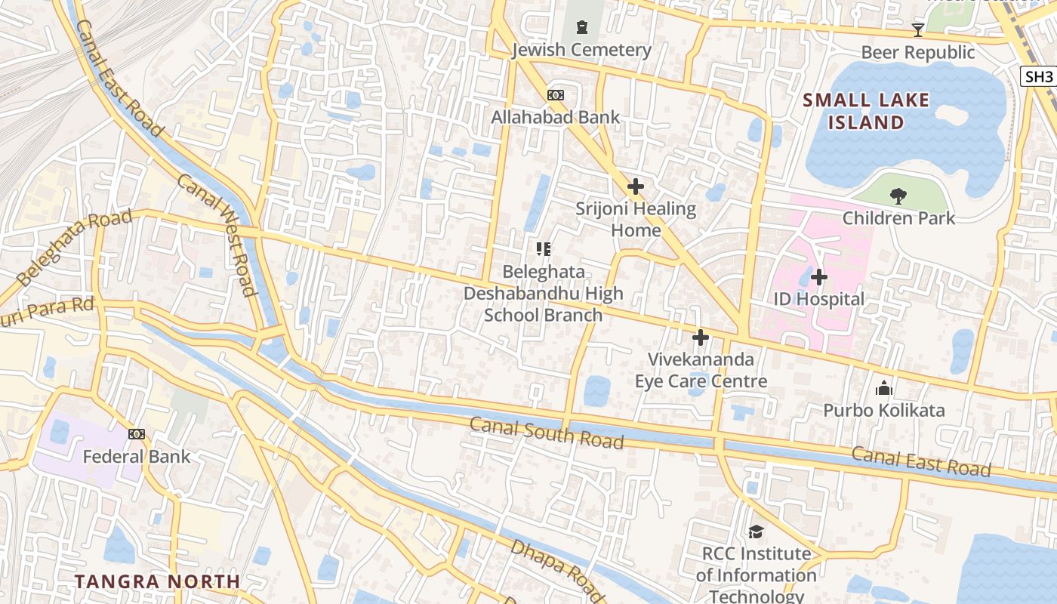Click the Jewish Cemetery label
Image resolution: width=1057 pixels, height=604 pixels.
(x=581, y=50)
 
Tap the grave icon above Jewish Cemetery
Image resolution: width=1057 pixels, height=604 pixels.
(x=581, y=28)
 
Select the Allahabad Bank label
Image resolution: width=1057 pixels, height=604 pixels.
(x=555, y=117)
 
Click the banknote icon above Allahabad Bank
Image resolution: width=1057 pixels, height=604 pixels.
(x=555, y=95)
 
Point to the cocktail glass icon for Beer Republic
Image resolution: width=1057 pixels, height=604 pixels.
(x=917, y=30)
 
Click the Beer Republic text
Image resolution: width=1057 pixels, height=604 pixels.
(x=917, y=52)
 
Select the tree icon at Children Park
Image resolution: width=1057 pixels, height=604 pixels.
(x=898, y=196)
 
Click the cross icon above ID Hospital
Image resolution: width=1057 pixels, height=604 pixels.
(x=818, y=277)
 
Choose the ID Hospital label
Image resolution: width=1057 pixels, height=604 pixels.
(x=818, y=299)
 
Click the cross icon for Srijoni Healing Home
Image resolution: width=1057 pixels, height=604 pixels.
(x=636, y=186)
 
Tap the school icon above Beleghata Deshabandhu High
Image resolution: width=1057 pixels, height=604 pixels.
(x=543, y=248)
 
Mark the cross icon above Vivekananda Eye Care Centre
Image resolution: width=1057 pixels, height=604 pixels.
(x=701, y=337)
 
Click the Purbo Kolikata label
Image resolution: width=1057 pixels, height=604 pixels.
(x=883, y=411)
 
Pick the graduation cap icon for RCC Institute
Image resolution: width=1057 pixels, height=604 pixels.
(x=756, y=532)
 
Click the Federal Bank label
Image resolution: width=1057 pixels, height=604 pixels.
(x=137, y=456)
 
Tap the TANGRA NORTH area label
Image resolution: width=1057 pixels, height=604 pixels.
(x=157, y=581)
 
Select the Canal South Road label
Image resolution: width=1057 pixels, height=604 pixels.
(x=547, y=433)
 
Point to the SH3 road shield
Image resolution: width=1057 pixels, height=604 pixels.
(x=1039, y=76)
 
